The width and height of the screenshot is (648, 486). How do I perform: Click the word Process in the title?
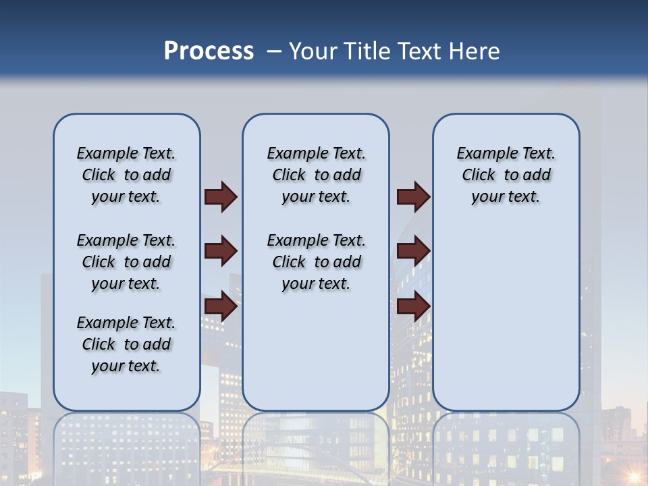click(209, 51)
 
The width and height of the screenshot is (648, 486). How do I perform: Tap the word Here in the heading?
click(474, 51)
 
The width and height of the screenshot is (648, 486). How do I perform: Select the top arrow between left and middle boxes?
click(221, 196)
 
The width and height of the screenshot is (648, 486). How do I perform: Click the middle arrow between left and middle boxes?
click(221, 252)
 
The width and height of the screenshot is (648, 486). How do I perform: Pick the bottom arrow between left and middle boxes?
click(221, 306)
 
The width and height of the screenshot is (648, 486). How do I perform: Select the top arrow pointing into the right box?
click(413, 196)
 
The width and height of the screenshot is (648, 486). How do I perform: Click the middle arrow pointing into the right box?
click(413, 252)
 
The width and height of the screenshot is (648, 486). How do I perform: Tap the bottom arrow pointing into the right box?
click(413, 306)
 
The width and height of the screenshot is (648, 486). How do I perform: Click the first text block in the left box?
click(126, 175)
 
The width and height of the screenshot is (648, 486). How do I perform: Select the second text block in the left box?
click(126, 262)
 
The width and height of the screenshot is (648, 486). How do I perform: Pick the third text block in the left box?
click(126, 344)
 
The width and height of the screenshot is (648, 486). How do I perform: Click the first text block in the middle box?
click(316, 175)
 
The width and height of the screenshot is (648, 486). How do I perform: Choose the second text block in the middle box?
click(316, 262)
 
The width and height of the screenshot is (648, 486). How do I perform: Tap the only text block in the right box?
click(506, 175)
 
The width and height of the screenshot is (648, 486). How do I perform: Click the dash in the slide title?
click(274, 51)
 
